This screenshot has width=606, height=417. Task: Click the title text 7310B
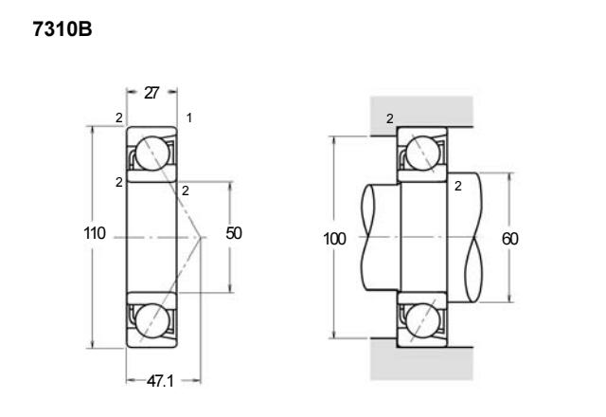tap(62, 29)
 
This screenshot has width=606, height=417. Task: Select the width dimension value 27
tap(151, 93)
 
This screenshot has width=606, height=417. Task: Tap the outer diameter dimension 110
tap(95, 233)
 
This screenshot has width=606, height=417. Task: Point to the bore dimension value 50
tap(234, 233)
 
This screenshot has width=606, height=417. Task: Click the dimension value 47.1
tap(160, 381)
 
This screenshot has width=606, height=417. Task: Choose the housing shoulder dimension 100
tap(334, 239)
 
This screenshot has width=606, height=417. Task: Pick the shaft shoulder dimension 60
tap(509, 239)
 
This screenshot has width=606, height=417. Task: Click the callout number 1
tap(189, 118)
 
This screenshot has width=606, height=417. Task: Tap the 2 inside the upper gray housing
tap(390, 118)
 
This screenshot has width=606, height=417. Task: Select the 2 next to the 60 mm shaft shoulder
tap(458, 186)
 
